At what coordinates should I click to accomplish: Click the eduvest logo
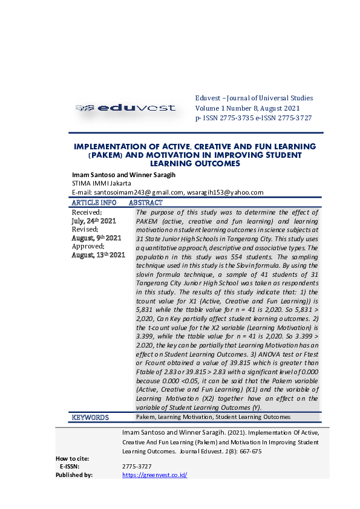coord(126,108)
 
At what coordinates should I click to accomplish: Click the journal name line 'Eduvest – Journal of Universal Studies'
coord(254,98)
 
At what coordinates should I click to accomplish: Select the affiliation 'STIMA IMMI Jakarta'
coord(101,183)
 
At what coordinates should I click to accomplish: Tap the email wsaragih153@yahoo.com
coord(225,192)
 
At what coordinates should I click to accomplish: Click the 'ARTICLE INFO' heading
coord(94,203)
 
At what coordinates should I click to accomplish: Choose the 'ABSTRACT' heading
coord(146,203)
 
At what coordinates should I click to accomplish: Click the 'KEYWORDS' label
coord(90,417)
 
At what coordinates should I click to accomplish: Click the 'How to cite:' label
coord(73,458)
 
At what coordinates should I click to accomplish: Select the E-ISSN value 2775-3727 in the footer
coord(137,467)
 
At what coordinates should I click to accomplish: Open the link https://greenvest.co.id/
coord(154,475)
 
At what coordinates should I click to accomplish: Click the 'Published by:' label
coord(74,475)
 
